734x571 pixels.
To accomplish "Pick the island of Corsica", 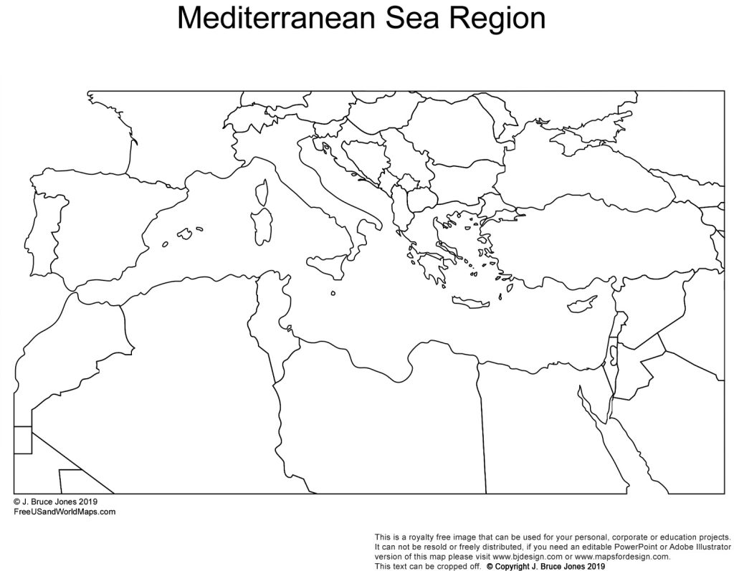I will coord(262,191).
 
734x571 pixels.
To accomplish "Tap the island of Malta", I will coord(333,292).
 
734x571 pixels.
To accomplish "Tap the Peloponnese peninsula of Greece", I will coord(431,269).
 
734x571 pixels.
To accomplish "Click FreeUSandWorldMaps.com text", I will coord(64,512).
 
